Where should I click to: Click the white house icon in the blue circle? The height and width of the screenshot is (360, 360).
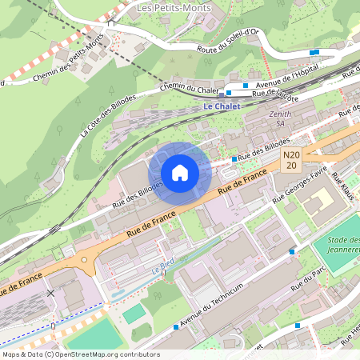point(179,172)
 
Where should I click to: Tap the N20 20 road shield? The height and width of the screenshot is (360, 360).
point(291,160)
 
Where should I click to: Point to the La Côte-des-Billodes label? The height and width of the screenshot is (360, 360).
point(108,115)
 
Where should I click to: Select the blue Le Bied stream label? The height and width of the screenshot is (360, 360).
point(164,270)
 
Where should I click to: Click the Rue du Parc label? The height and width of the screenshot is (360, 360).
point(311,279)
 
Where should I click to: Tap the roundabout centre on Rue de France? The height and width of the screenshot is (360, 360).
point(83,259)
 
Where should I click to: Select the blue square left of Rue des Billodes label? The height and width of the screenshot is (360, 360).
point(233,159)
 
